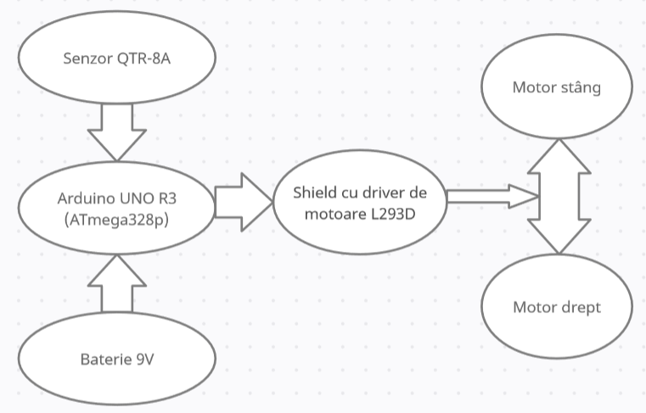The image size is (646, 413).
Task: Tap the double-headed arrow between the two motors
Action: [558, 197]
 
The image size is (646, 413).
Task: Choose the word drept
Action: [580, 307]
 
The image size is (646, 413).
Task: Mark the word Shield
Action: [315, 192]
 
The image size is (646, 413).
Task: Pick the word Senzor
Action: [87, 59]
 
